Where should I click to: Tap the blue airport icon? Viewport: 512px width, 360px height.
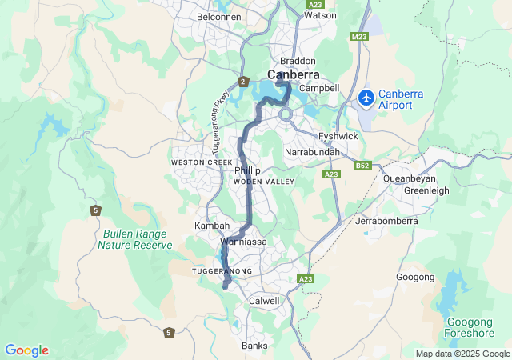click(366, 98)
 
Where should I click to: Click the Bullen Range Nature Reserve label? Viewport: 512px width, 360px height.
click(135, 239)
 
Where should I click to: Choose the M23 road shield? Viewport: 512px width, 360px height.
click(358, 37)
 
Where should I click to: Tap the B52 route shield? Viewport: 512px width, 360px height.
click(363, 166)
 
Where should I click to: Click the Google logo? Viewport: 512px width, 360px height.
click(26, 350)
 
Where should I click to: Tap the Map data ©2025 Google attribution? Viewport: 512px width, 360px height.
click(462, 354)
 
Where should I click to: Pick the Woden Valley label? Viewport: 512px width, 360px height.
click(263, 182)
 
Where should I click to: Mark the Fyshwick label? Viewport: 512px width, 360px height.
click(338, 137)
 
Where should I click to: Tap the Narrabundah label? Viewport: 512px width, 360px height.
click(313, 152)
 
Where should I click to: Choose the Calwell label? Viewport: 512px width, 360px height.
click(264, 301)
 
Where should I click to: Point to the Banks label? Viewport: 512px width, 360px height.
click(254, 346)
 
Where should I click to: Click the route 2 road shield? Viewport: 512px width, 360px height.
click(242, 82)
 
